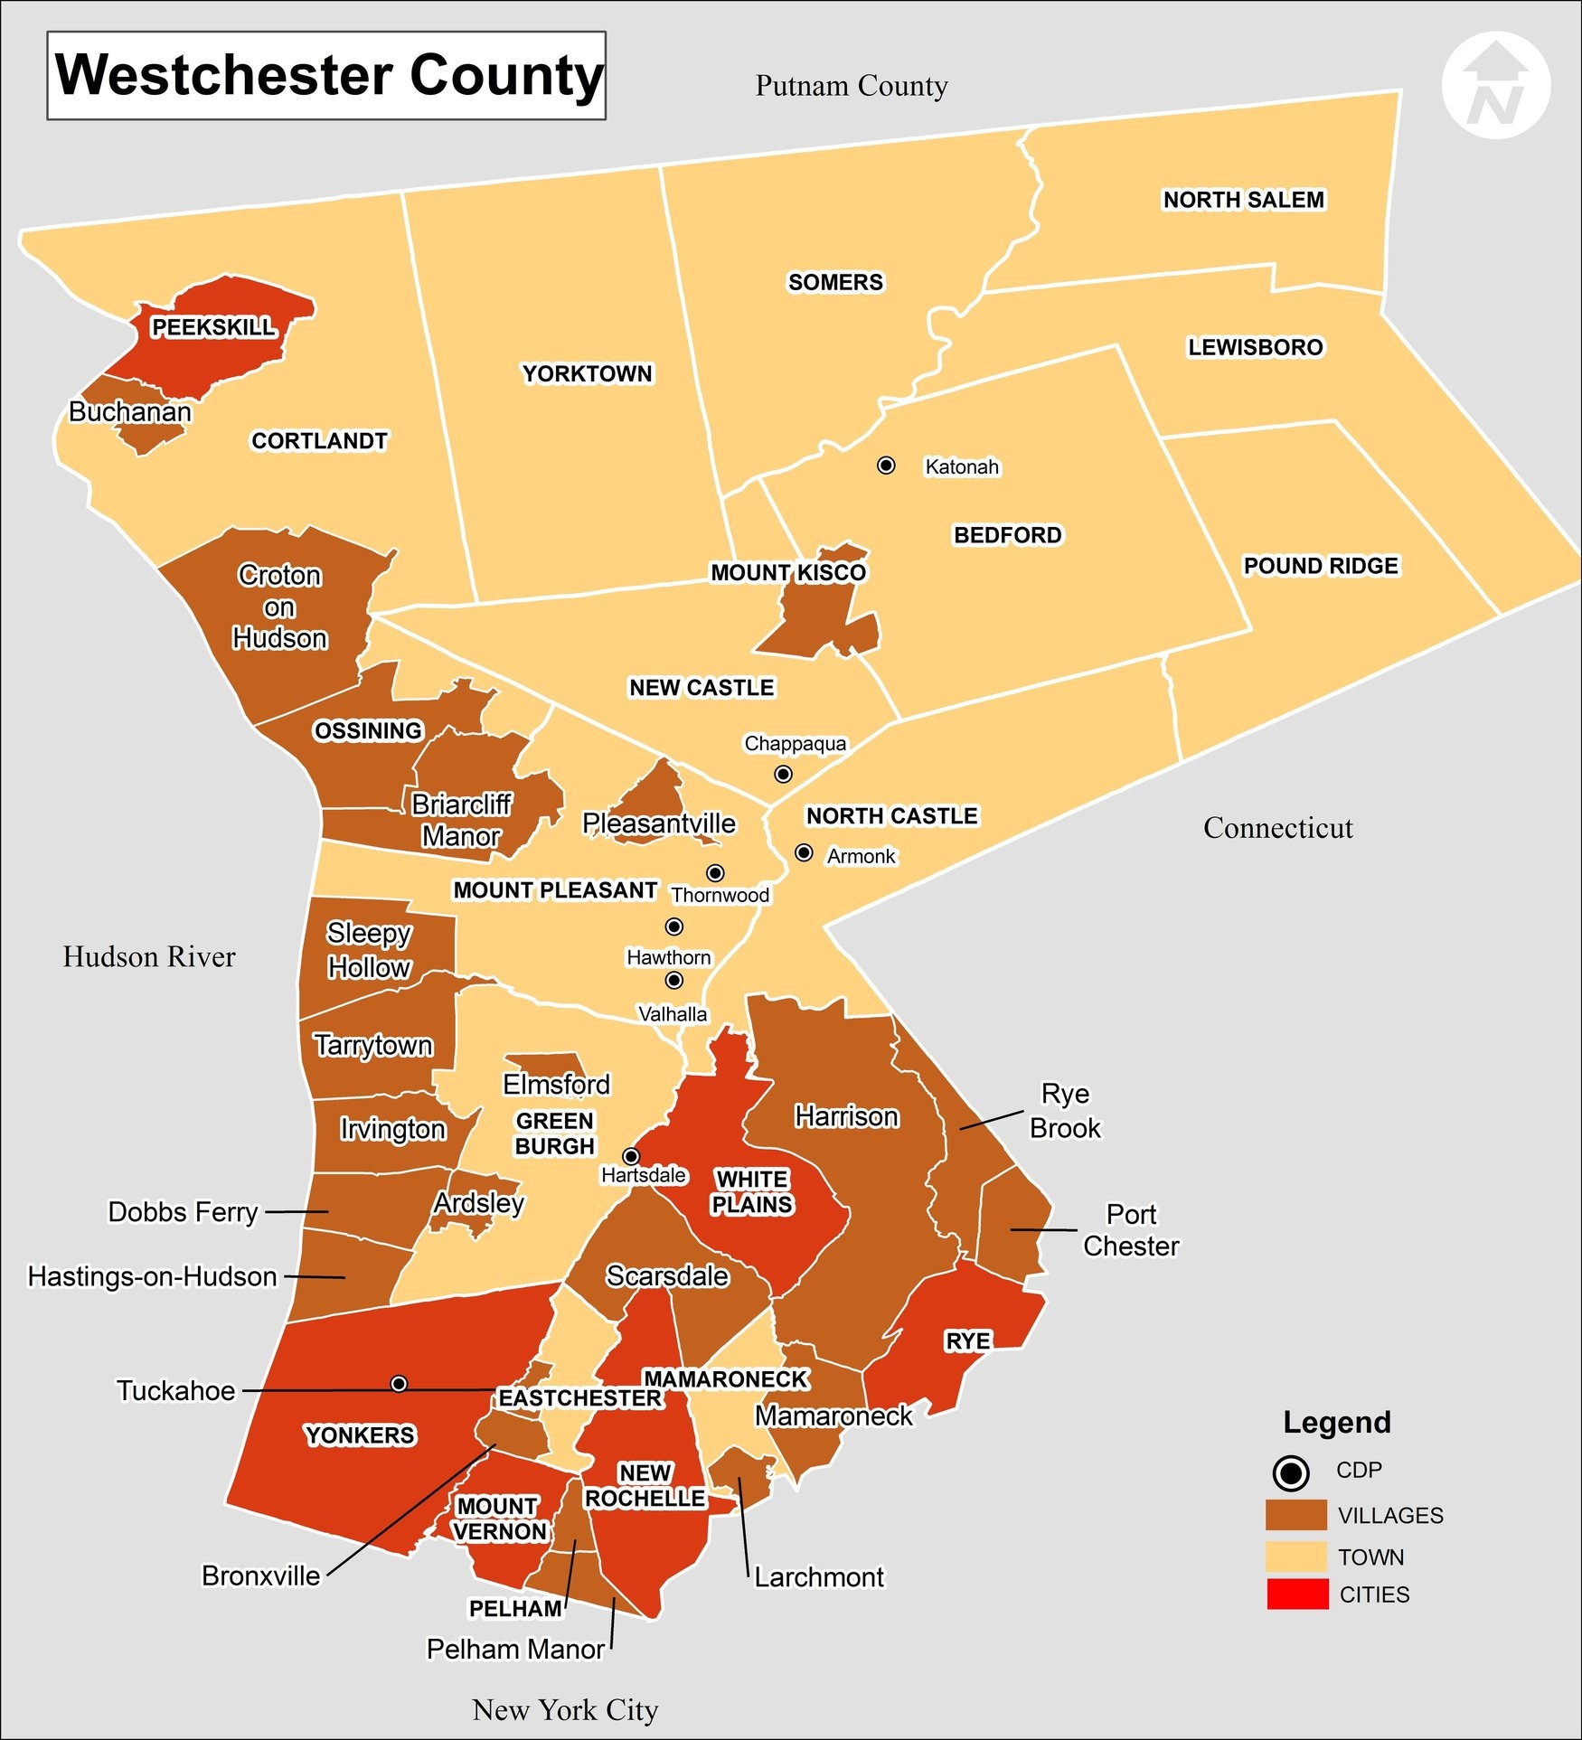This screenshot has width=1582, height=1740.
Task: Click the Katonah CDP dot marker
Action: click(x=886, y=465)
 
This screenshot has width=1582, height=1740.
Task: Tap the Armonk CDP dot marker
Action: click(x=804, y=852)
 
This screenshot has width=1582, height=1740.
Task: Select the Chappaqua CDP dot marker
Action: click(x=783, y=774)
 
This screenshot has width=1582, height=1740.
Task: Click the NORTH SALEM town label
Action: click(x=1243, y=200)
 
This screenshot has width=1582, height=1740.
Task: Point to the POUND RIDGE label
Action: click(x=1321, y=566)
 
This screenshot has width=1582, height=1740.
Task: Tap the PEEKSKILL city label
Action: click(x=213, y=327)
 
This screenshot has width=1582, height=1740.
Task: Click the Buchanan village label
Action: click(x=130, y=412)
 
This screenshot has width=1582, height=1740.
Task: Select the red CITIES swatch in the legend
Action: click(x=1297, y=1594)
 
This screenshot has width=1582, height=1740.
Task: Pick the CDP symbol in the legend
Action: click(x=1290, y=1473)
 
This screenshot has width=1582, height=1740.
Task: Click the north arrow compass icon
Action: click(x=1495, y=87)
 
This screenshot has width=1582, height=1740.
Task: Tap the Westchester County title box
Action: click(x=326, y=75)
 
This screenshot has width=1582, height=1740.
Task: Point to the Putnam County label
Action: click(x=852, y=86)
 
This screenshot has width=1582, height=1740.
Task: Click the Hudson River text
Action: click(x=149, y=956)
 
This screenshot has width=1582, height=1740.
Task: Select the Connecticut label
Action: click(x=1277, y=828)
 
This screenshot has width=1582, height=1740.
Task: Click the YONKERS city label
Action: click(x=360, y=1435)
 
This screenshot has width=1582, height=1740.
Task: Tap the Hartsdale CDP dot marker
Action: click(x=631, y=1156)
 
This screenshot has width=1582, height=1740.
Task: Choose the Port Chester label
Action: click(x=1131, y=1230)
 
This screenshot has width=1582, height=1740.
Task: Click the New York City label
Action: click(x=565, y=1710)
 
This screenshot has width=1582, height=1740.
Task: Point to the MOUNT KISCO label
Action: click(x=788, y=573)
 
